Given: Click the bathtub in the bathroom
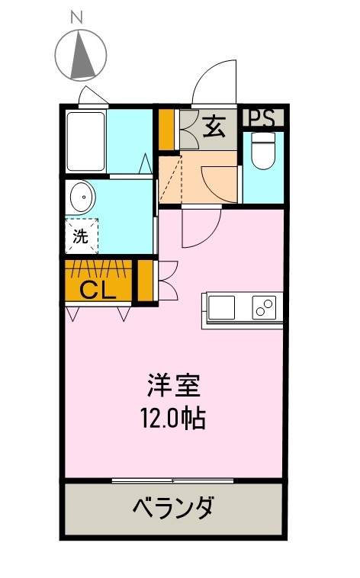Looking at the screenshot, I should [84, 143].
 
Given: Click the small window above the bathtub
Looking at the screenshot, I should [94, 96].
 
